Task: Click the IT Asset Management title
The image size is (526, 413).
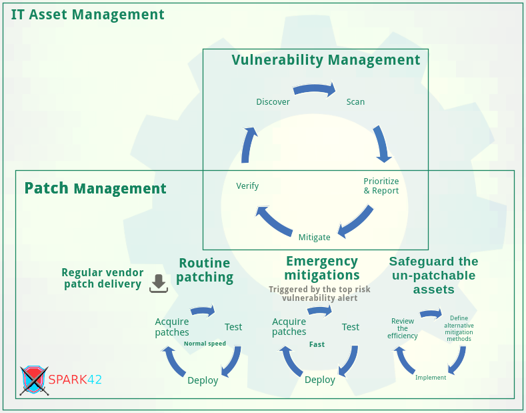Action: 87,14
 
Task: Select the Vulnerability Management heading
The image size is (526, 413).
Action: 326,60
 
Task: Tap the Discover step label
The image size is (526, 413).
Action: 273,102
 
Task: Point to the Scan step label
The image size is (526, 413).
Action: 355,102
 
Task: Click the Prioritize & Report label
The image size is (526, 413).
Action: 381,185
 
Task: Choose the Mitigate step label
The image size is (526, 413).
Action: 314,237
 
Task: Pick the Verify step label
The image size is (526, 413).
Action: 247,186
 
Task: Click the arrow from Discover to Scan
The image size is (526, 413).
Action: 314,89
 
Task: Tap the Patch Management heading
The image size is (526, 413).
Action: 95,188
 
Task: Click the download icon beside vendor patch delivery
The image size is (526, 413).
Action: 159,283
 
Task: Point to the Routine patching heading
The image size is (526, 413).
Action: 205,270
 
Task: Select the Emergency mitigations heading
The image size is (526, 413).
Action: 322,268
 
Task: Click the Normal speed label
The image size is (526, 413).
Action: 205,344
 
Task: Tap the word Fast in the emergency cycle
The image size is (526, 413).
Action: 317,344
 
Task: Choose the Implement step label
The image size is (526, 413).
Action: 431,378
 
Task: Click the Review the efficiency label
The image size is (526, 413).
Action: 403,328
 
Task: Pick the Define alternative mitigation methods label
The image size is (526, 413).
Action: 459,328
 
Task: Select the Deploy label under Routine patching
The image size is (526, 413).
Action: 203,380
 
